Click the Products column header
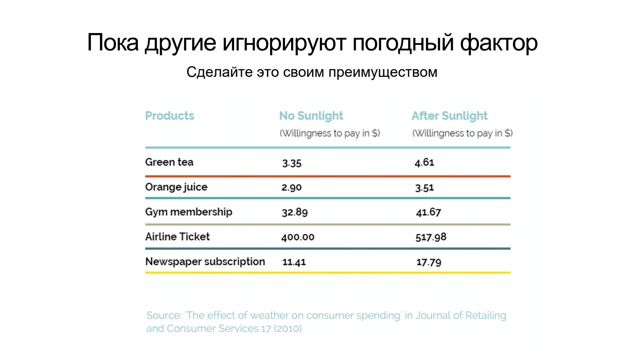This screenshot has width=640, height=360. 169,116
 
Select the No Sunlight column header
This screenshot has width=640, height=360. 311,116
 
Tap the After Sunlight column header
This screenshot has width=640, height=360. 449,116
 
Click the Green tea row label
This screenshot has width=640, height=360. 169,162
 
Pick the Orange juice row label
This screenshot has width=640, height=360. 176,187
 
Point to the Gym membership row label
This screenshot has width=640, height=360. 188,212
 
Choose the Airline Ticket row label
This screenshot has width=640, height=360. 177,237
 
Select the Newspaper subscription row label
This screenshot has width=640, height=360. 205,262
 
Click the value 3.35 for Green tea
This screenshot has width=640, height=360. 291,163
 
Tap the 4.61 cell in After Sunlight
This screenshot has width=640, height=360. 424,163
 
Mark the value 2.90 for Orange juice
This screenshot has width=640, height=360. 291,188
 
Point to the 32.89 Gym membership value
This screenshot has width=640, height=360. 294,212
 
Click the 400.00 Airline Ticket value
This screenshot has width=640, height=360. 298,237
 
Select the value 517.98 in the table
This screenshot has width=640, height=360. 431,237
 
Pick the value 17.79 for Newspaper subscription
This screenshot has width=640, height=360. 429,262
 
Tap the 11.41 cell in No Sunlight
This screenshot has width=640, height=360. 294,262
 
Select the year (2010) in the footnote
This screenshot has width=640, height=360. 287,328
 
